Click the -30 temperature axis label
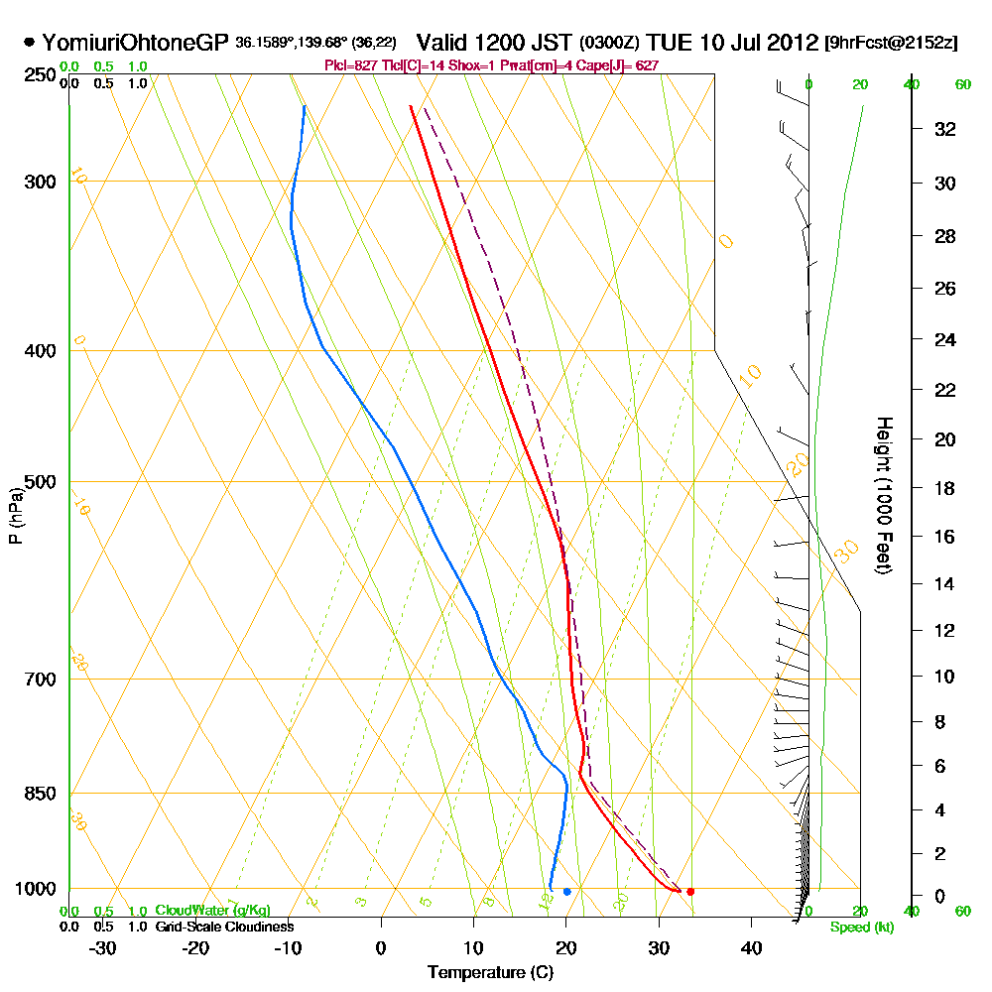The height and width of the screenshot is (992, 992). [x=103, y=947]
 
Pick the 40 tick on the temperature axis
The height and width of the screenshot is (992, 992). [x=751, y=947]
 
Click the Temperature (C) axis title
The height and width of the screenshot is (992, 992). [x=490, y=973]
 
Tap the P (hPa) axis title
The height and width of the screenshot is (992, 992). [x=15, y=516]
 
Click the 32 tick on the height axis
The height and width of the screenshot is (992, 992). [x=945, y=129]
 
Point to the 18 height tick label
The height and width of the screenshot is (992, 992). [x=945, y=488]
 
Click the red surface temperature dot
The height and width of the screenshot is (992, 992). [x=690, y=892]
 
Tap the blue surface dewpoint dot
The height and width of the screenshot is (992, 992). [x=566, y=892]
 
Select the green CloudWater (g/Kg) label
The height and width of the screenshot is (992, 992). [x=212, y=911]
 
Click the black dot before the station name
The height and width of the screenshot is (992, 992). [x=29, y=43]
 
